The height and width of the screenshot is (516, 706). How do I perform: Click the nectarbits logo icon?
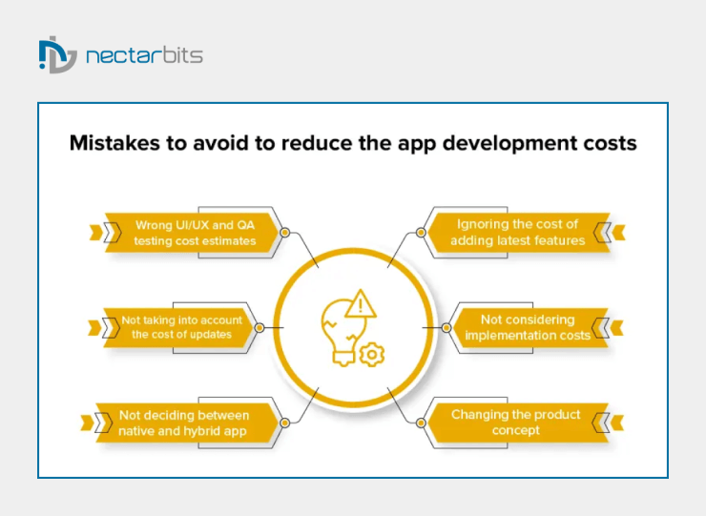coord(56,55)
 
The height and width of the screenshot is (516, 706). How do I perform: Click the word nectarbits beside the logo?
coord(144,55)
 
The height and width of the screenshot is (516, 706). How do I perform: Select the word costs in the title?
coord(607,144)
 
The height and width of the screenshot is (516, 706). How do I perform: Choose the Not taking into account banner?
coord(181,327)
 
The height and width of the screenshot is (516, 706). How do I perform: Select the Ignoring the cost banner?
coord(518,233)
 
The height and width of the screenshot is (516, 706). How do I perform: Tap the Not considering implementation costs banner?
coord(528,327)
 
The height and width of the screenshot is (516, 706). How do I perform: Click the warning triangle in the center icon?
coord(361,305)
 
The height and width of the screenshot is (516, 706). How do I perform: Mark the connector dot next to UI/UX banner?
coord(284,232)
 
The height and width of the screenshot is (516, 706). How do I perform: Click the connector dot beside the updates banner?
coord(259,327)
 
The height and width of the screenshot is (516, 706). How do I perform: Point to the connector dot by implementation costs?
coord(446,327)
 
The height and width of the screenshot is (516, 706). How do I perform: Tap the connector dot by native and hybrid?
coord(284,422)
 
